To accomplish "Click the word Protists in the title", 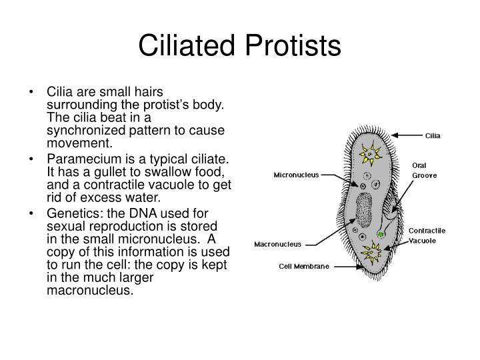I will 291,46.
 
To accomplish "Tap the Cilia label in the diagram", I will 433,135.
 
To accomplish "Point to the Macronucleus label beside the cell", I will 279,244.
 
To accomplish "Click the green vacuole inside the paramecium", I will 381,235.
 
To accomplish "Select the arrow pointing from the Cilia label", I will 409,135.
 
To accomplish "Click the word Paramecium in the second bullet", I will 78,159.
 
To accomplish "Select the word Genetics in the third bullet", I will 70,213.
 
